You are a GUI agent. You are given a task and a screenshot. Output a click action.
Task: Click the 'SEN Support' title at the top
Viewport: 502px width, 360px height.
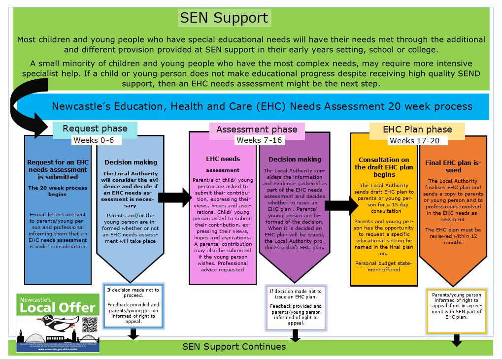pos(224,18)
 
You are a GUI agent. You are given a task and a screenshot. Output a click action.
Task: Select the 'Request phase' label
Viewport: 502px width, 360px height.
pos(95,129)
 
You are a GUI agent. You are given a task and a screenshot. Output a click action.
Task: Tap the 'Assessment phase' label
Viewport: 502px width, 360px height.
pos(257,130)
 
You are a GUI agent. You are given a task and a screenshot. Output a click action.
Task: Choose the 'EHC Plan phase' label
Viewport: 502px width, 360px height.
pos(417,130)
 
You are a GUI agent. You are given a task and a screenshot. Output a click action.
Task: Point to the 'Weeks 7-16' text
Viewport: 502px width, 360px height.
pos(259,140)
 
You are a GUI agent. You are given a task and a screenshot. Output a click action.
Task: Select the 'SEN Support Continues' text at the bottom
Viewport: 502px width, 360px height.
pos(234,347)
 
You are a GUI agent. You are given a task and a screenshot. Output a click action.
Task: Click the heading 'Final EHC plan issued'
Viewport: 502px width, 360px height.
pos(453,166)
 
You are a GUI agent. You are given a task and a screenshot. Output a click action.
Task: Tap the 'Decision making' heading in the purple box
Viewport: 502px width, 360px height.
pos(295,159)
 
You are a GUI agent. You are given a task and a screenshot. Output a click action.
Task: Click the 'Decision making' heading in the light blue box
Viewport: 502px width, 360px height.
pos(131,162)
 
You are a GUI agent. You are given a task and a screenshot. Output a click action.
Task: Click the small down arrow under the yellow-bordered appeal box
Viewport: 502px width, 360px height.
pos(456,340)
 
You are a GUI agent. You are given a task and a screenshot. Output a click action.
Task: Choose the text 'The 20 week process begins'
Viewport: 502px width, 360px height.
pos(58,191)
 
